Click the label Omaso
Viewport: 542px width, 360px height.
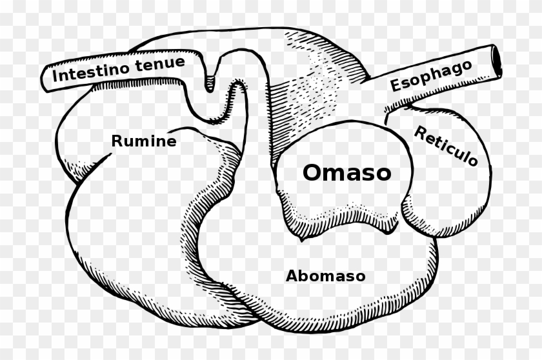(346, 172)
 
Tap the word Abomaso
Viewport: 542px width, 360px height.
(326, 276)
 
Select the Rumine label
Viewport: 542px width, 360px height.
(144, 141)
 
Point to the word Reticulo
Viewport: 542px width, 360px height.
(446, 145)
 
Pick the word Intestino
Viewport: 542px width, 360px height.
(91, 70)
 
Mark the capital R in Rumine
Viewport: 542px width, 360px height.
(117, 141)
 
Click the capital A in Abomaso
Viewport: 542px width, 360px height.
(292, 276)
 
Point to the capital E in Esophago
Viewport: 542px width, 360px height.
(396, 85)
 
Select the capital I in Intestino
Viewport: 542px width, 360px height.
(55, 76)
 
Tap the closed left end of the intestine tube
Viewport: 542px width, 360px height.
(45, 79)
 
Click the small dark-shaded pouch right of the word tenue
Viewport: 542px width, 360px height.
(210, 84)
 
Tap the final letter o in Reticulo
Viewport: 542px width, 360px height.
(472, 160)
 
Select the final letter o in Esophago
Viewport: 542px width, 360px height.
(467, 66)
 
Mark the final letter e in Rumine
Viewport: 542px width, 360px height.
(172, 142)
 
